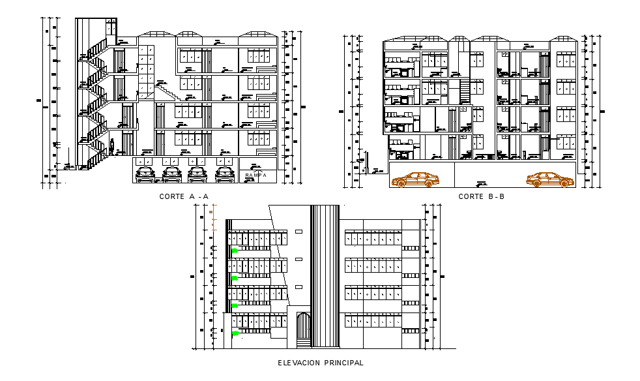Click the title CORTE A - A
coord(184,196)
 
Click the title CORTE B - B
coord(482,196)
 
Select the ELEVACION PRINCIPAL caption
coord(320,363)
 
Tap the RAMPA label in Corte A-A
coord(255,175)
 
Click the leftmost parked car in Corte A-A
coord(145,174)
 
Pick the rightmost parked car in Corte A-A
coord(225,174)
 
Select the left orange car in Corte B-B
coord(415,179)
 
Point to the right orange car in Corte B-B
coord(549,179)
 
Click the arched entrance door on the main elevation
coord(304,326)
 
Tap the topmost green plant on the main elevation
coord(234,250)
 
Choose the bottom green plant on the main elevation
coord(234,333)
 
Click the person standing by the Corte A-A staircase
coord(112,146)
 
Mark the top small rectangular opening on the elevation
coord(299,232)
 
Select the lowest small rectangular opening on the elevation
coord(299,287)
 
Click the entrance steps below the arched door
coord(304,343)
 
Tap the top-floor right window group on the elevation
coord(372,239)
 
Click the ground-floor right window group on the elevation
coord(372,321)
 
